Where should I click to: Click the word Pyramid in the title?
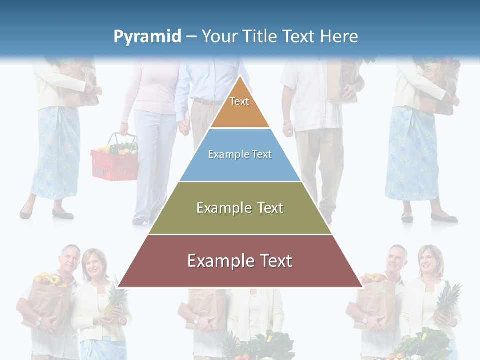pyautogui.click(x=147, y=37)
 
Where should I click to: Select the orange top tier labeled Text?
pyautogui.click(x=239, y=105)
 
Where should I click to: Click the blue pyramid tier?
pyautogui.click(x=240, y=155)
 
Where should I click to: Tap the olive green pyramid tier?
pyautogui.click(x=240, y=208)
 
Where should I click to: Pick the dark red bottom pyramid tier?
pyautogui.click(x=240, y=262)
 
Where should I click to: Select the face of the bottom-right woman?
pyautogui.click(x=429, y=260)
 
